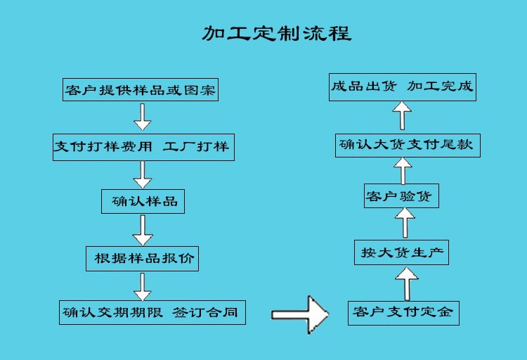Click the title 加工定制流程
point(276,32)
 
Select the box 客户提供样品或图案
point(141,90)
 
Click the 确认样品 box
point(143,201)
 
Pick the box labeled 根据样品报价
point(142,258)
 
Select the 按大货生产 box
point(402,251)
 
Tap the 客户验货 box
point(401,196)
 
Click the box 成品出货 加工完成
point(403,89)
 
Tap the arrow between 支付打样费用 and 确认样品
point(143,174)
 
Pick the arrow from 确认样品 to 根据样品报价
point(143,230)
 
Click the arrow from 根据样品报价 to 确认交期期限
point(143,286)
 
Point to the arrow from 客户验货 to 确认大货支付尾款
point(402,171)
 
